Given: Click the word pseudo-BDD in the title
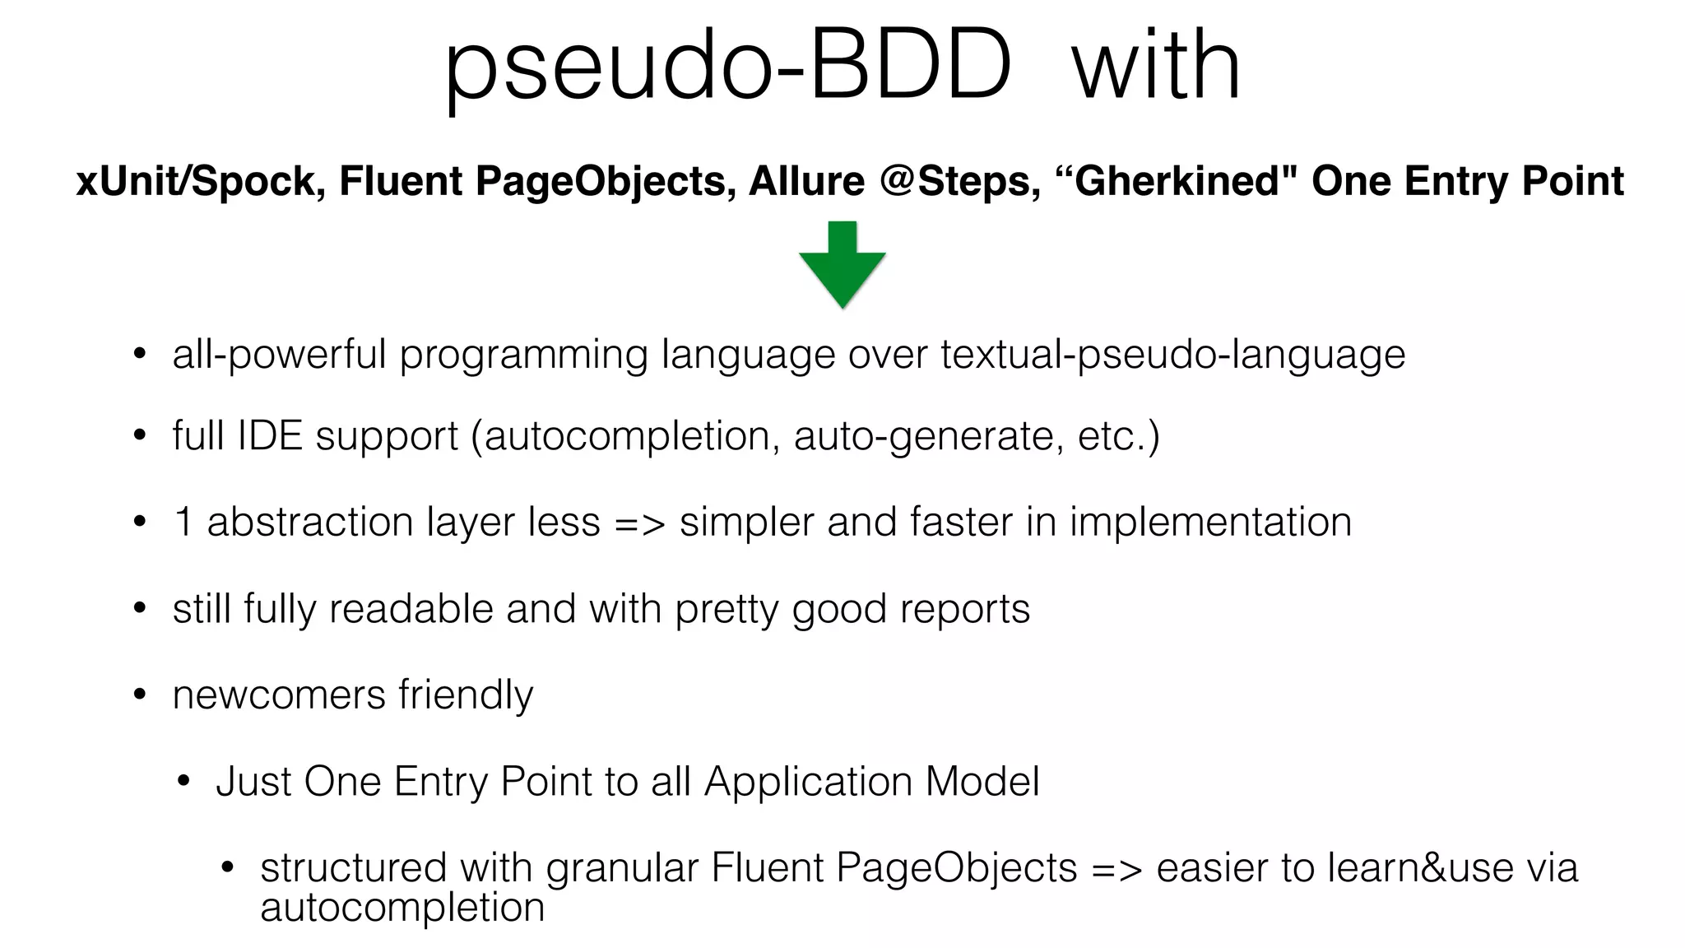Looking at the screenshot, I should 727,66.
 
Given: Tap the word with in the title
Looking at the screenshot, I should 1156,66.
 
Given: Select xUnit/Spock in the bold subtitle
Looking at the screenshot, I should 195,182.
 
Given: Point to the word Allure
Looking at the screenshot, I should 806,182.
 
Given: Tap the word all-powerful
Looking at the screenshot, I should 279,355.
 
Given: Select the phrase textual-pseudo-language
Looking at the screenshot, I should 1173,355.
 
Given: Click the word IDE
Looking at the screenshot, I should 270,435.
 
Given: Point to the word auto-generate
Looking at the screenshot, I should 923,435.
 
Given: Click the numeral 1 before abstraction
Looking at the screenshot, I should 183,522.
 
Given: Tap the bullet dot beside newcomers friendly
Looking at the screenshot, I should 140,695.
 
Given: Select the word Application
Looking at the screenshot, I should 808,782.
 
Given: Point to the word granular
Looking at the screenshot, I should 622,868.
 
